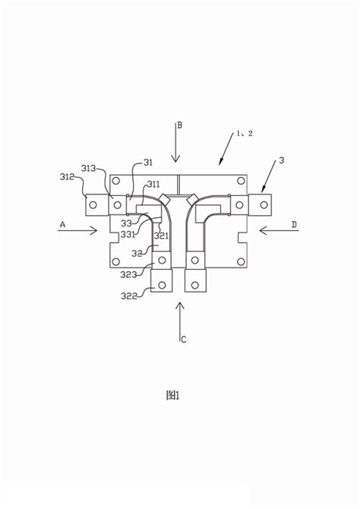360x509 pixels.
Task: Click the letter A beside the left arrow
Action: [62, 224]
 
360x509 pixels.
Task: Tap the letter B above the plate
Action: [179, 125]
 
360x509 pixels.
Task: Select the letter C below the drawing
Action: [184, 340]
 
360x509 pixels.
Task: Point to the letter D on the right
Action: [294, 224]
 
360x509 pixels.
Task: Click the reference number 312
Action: [67, 177]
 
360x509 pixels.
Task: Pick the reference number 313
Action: [89, 168]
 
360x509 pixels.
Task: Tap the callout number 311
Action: [153, 185]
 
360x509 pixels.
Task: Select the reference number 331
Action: [128, 235]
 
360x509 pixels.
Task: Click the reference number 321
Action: [161, 236]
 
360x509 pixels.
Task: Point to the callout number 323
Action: [128, 274]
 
